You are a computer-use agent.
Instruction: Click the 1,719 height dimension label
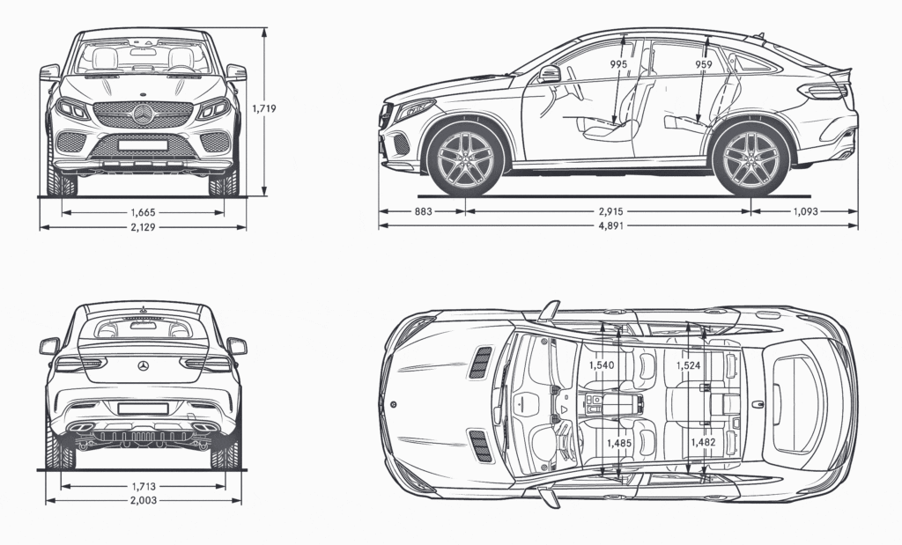(x=264, y=109)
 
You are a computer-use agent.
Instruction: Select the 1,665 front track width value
(x=143, y=212)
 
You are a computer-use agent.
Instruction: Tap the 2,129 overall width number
(x=143, y=227)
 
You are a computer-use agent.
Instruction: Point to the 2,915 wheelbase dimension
(x=608, y=212)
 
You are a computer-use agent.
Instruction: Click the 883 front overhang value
(x=422, y=212)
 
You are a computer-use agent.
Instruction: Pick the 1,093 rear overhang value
(x=805, y=212)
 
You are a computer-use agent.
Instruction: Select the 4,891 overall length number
(x=617, y=227)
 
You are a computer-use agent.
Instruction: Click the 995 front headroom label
(x=619, y=65)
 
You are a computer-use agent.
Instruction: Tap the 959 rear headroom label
(x=704, y=65)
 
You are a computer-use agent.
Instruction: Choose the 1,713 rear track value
(x=143, y=486)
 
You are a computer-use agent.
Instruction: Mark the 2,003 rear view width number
(x=143, y=501)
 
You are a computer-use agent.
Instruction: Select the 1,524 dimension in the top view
(x=689, y=365)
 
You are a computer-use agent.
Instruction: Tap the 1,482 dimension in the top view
(x=703, y=443)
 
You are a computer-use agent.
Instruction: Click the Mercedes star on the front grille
(x=143, y=113)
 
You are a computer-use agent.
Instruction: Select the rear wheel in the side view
(x=750, y=158)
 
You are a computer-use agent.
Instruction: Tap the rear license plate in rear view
(x=143, y=409)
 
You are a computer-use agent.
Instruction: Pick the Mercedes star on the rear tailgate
(x=143, y=365)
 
